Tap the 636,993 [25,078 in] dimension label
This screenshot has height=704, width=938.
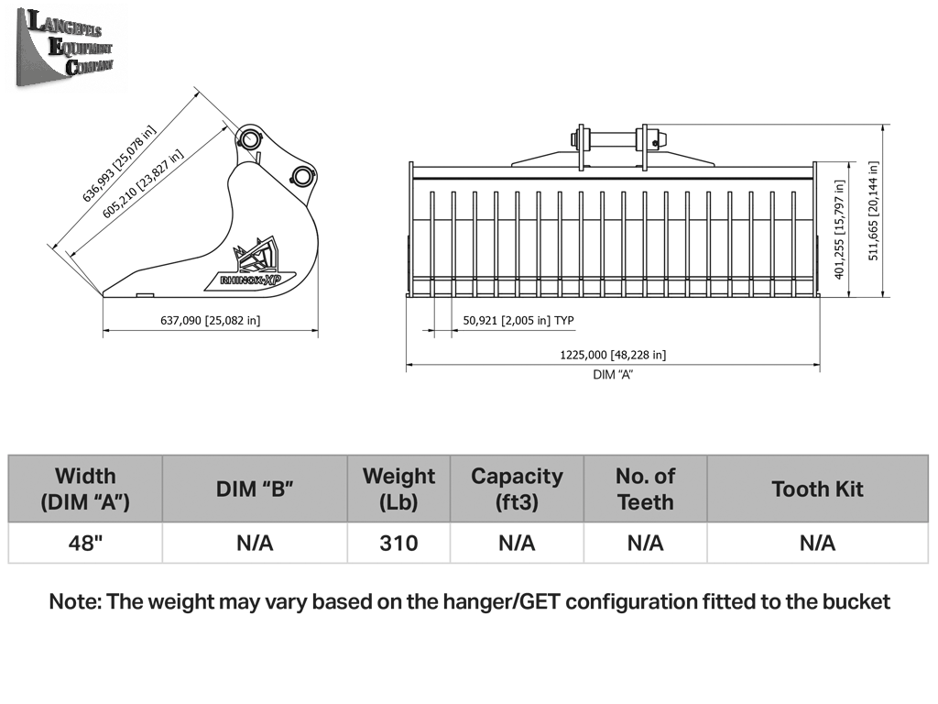coord(119,163)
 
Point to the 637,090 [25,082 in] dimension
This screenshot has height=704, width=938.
coord(210,320)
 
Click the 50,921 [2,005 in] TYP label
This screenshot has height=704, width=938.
coord(518,320)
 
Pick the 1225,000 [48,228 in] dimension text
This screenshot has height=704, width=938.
coord(613,355)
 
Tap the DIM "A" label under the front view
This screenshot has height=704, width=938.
coord(613,375)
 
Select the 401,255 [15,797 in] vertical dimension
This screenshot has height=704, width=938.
coord(839,230)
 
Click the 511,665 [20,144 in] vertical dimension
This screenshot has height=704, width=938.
coord(873,211)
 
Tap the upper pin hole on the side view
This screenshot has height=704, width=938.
coord(249,139)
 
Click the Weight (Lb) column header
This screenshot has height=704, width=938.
coord(398,489)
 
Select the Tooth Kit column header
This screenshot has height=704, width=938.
coord(817,489)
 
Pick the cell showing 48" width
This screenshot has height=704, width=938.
coord(85,543)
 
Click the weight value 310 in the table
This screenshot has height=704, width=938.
coord(398,543)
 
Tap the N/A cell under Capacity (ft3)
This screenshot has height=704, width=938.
coord(517,543)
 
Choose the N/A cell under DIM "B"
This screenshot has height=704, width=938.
coord(255,543)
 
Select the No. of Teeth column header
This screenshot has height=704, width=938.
coord(646,489)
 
